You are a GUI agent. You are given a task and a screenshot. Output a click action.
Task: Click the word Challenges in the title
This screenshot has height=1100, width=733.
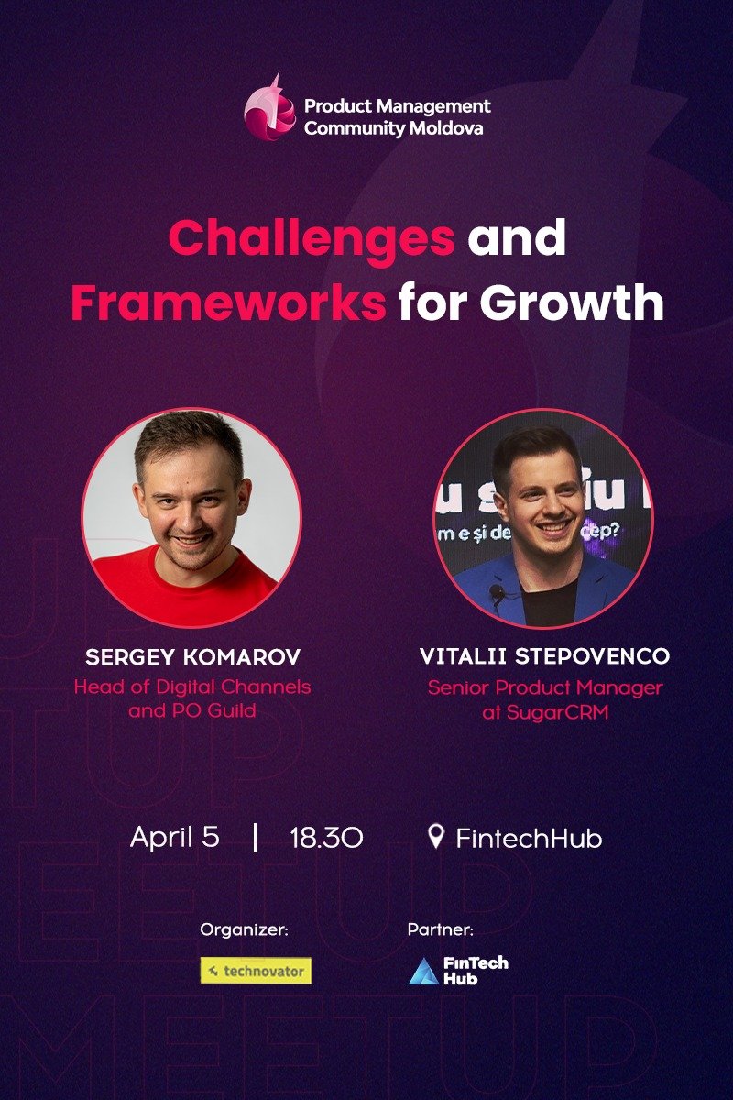(312, 239)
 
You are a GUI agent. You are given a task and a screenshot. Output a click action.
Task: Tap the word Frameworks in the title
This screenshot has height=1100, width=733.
(228, 303)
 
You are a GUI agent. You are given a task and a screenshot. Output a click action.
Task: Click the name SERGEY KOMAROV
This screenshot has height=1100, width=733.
(192, 657)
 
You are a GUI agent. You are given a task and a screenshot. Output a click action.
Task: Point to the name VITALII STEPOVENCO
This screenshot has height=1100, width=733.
(544, 657)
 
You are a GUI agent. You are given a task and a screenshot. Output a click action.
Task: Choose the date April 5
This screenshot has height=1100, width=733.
(175, 837)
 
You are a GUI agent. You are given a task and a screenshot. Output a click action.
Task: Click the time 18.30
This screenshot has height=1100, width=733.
(326, 838)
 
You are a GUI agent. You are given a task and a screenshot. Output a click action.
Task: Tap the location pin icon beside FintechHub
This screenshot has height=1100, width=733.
(436, 836)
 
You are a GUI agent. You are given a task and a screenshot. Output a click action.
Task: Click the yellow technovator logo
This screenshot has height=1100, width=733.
(256, 971)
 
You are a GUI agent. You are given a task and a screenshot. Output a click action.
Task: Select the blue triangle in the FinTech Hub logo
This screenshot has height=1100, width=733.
(423, 972)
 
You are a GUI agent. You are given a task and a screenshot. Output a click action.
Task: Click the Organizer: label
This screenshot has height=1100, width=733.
(244, 930)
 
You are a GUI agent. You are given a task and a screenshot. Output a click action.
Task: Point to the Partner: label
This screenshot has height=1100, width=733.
(440, 930)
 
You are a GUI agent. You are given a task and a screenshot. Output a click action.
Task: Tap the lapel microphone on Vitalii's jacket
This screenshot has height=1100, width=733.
(496, 592)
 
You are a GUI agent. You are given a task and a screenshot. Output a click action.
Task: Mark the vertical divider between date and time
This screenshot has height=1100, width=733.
(254, 837)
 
